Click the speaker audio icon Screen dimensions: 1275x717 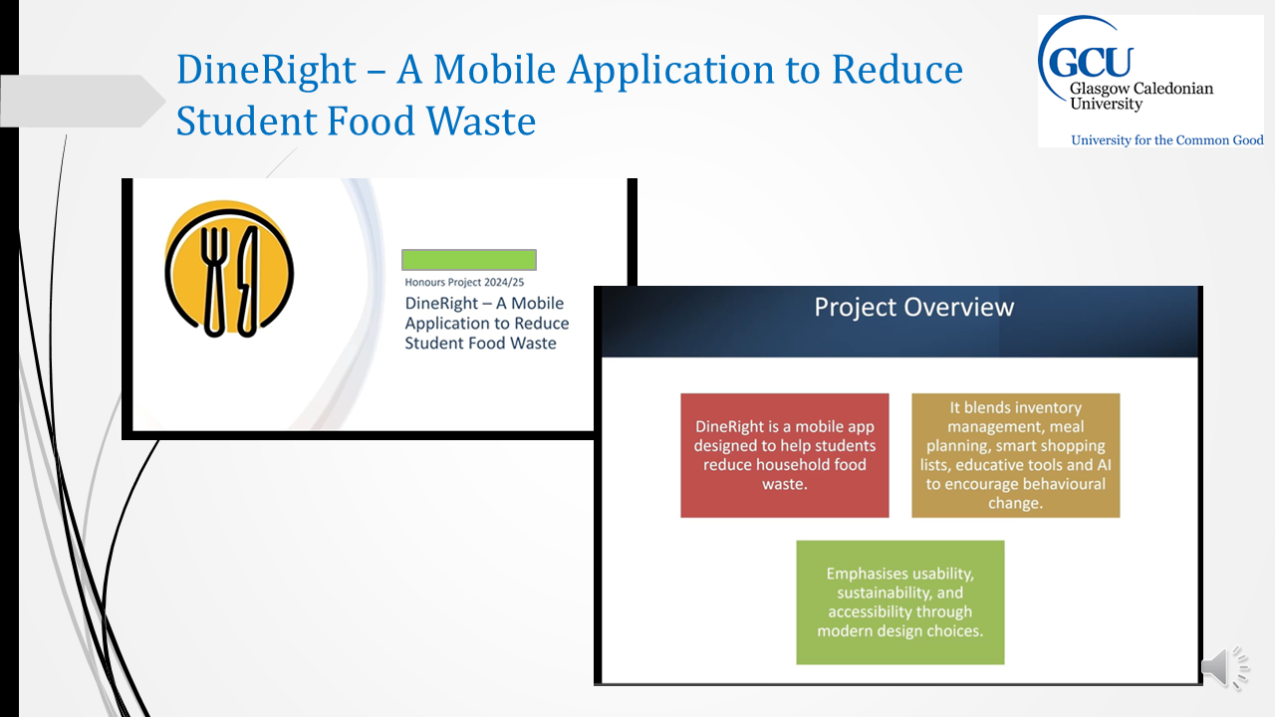coord(1225,667)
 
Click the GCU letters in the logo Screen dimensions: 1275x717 coord(1091,62)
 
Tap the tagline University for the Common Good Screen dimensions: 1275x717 coord(1166,140)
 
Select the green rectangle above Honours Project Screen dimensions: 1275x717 coord(469,260)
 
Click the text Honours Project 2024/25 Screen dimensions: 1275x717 coord(464,282)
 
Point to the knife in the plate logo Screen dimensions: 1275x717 coord(247,281)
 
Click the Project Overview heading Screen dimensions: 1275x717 coord(913,307)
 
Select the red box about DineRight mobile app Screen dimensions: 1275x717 coord(784,455)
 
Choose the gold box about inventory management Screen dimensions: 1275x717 coord(1015,455)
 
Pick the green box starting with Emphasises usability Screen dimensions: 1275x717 coord(899,602)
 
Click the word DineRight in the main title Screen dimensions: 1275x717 coord(266,70)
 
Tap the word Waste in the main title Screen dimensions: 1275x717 coord(481,120)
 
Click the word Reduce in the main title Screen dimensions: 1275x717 coord(897,70)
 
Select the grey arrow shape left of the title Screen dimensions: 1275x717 coord(83,101)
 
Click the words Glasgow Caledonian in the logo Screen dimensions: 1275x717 coord(1142,89)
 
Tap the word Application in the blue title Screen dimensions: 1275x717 coord(671,71)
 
